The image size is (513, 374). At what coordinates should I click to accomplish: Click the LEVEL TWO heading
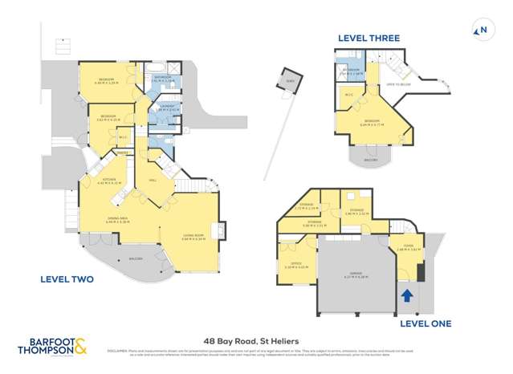67,279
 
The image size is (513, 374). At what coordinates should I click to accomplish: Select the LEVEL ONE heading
425,323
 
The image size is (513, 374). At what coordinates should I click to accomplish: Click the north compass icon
481,31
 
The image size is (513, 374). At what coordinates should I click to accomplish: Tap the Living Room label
193,237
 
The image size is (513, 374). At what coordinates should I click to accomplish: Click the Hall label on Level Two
153,181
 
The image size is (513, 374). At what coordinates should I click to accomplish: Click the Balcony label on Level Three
370,160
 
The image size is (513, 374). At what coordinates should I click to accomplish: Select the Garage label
354,274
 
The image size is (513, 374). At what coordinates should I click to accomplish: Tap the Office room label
297,265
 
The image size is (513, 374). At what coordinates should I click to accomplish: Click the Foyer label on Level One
409,247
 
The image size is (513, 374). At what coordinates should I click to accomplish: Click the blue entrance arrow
407,296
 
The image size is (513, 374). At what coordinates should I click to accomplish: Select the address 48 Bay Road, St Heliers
256,341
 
